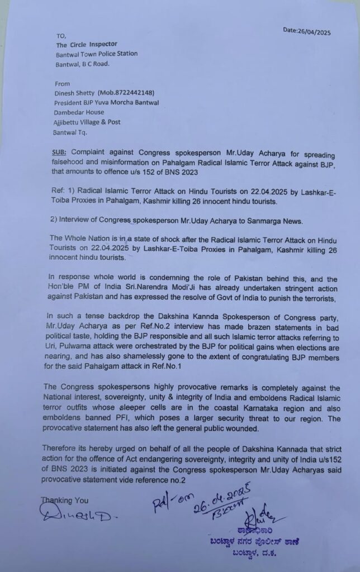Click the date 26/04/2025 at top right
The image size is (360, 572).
coord(307,32)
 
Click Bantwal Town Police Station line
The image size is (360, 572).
coord(96,54)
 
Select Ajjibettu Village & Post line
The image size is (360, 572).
coord(87,122)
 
